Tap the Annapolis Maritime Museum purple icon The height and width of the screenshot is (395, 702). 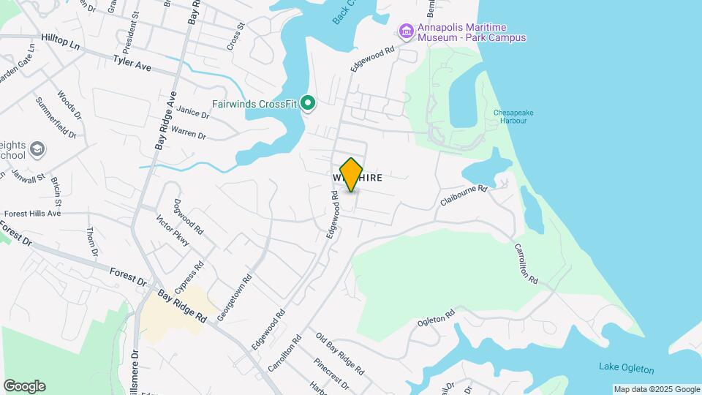(406, 30)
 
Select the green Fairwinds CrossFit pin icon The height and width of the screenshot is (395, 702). (309, 104)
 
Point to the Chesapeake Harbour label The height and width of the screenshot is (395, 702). (510, 116)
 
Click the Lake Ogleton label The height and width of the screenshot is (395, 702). (626, 368)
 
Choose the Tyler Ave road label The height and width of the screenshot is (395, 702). (132, 64)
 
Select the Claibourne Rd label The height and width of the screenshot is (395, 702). (464, 195)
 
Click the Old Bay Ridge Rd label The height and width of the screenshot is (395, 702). (340, 353)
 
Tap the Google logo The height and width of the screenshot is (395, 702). (24, 385)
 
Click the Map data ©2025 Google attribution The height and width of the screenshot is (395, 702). (657, 389)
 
